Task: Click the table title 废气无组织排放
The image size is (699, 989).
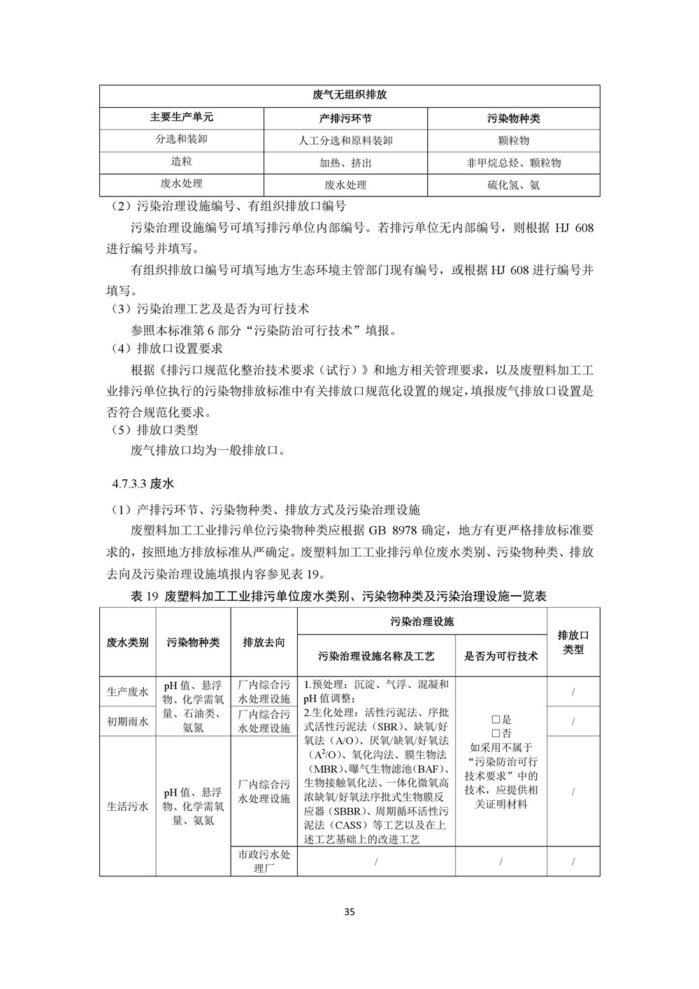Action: (349, 96)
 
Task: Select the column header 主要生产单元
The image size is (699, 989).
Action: (181, 118)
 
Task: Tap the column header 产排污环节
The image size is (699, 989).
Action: (345, 118)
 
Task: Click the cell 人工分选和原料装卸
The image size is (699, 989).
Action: (345, 141)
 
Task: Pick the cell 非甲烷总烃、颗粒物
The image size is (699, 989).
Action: (514, 163)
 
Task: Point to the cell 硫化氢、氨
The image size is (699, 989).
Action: (514, 185)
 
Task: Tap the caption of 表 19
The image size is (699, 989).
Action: (349, 597)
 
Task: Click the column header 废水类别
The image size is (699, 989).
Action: (127, 642)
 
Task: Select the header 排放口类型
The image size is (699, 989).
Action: (573, 642)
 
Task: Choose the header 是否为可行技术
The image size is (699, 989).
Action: (501, 656)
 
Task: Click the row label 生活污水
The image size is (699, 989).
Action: (127, 806)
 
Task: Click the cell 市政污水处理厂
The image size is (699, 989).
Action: (264, 861)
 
